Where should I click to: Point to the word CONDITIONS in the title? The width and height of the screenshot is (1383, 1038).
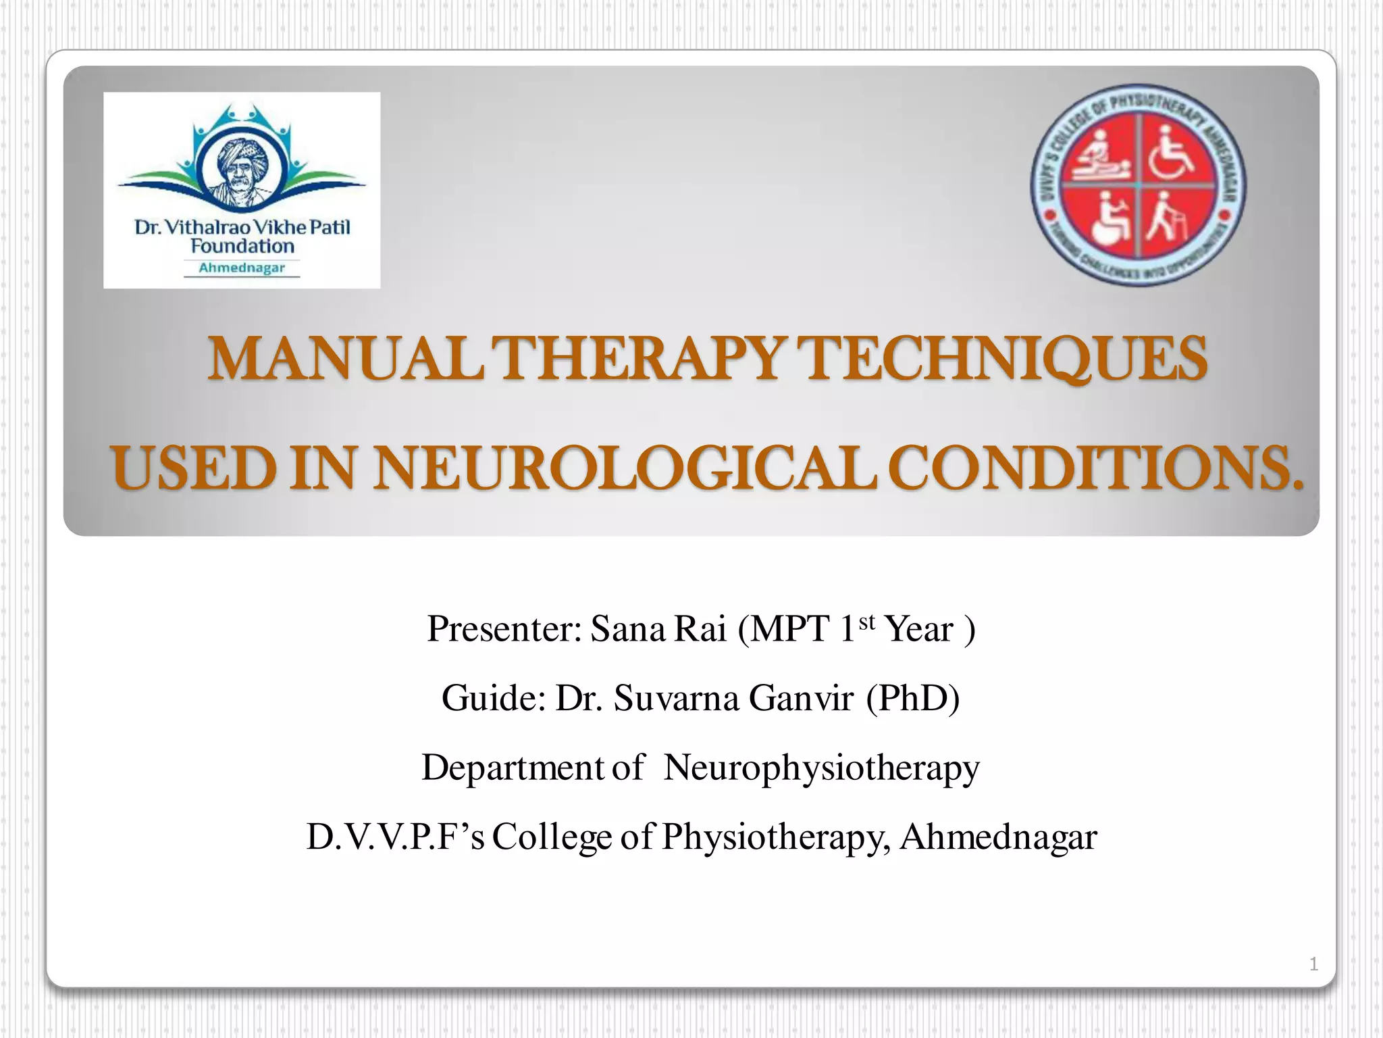point(1095,468)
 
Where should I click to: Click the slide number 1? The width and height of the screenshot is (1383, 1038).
point(1313,964)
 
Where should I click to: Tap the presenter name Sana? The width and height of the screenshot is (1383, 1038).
point(628,629)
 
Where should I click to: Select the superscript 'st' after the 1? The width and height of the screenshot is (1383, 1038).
point(867,622)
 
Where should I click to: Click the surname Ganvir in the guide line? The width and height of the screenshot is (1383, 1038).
point(801,698)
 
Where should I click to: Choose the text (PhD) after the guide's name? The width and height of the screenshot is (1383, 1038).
point(913,698)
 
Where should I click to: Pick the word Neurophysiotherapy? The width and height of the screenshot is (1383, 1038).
point(821,768)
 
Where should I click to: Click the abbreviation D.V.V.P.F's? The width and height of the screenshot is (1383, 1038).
point(396,837)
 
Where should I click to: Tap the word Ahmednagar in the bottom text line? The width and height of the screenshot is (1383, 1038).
point(998,837)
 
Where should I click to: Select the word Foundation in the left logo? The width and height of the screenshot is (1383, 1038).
point(242,247)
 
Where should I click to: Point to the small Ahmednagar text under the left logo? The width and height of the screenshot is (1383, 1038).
point(242,268)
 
